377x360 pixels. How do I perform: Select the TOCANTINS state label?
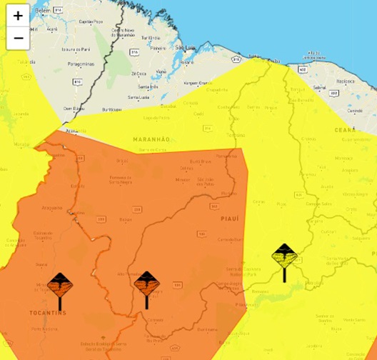[x=49, y=313]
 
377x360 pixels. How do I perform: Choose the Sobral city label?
[x=319, y=87]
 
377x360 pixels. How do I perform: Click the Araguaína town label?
[x=51, y=208]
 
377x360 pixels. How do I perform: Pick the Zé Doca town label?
[x=139, y=74]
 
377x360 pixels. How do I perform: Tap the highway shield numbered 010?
[x=78, y=82]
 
